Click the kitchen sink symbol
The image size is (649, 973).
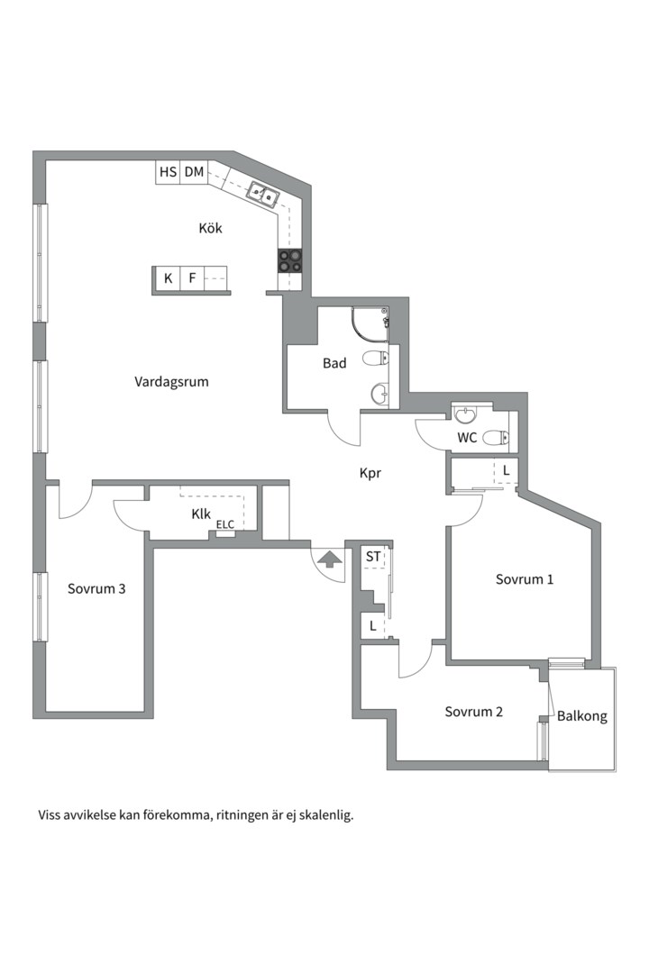tap(263, 195)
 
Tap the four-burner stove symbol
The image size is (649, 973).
tap(290, 260)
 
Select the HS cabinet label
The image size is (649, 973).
tap(168, 172)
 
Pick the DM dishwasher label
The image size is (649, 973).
tap(195, 172)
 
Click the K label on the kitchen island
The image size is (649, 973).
tap(168, 278)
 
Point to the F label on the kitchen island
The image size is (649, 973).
tap(193, 278)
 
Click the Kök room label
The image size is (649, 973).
tap(210, 228)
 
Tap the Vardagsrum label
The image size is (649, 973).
tap(171, 382)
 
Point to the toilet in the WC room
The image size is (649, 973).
tap(495, 438)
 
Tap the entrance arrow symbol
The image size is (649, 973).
tap(329, 559)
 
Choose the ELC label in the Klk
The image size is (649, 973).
tap(224, 525)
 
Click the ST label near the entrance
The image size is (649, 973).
tap(372, 557)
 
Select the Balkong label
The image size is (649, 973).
tap(582, 716)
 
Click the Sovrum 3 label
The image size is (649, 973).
tap(96, 589)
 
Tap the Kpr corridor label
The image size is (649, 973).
tap(370, 474)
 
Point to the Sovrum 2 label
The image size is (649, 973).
tap(473, 712)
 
